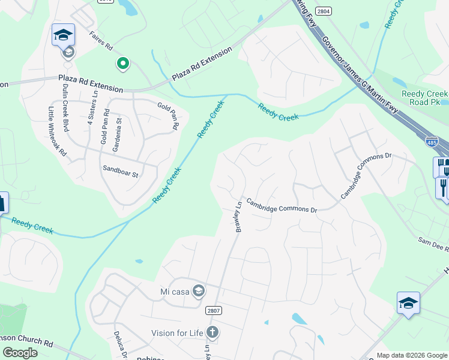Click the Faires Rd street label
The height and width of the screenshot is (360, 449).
[x=101, y=40]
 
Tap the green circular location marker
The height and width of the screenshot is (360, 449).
[x=123, y=63]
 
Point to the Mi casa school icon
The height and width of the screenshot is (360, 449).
[x=198, y=292]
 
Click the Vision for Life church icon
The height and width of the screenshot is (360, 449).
[x=211, y=332]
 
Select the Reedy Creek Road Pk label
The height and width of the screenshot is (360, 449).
[x=424, y=98]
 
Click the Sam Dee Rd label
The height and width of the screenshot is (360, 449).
[x=433, y=244]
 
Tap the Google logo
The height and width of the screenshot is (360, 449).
[x=20, y=353]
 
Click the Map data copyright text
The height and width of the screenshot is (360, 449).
[x=411, y=355]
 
